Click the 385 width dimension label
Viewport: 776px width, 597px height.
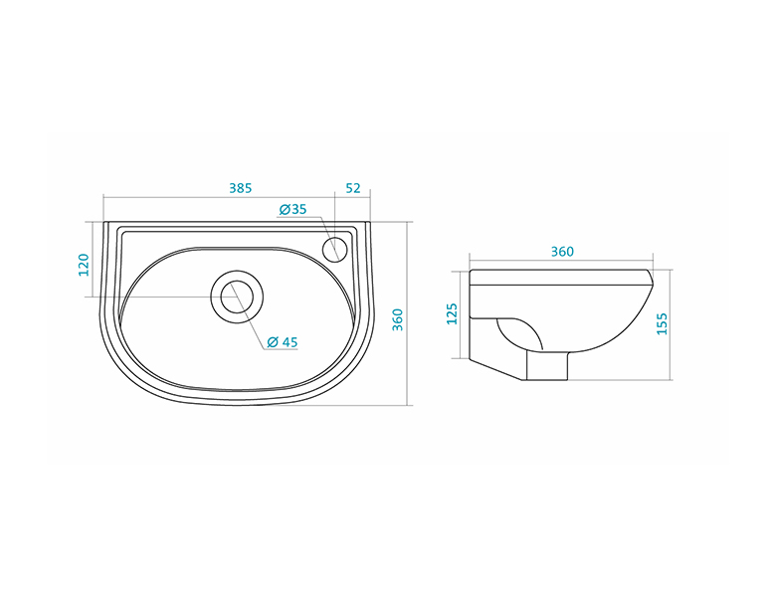click(x=241, y=188)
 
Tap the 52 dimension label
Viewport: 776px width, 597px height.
click(x=353, y=188)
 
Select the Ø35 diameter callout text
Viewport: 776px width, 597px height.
click(x=292, y=209)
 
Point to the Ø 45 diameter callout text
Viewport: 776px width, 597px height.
click(x=283, y=342)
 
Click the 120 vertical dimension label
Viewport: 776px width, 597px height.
click(x=85, y=265)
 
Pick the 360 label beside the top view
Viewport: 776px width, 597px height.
click(x=397, y=319)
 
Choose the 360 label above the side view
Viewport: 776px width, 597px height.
click(x=562, y=252)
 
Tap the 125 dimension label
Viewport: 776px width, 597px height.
click(x=452, y=313)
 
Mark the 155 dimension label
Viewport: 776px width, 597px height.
click(x=662, y=323)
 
